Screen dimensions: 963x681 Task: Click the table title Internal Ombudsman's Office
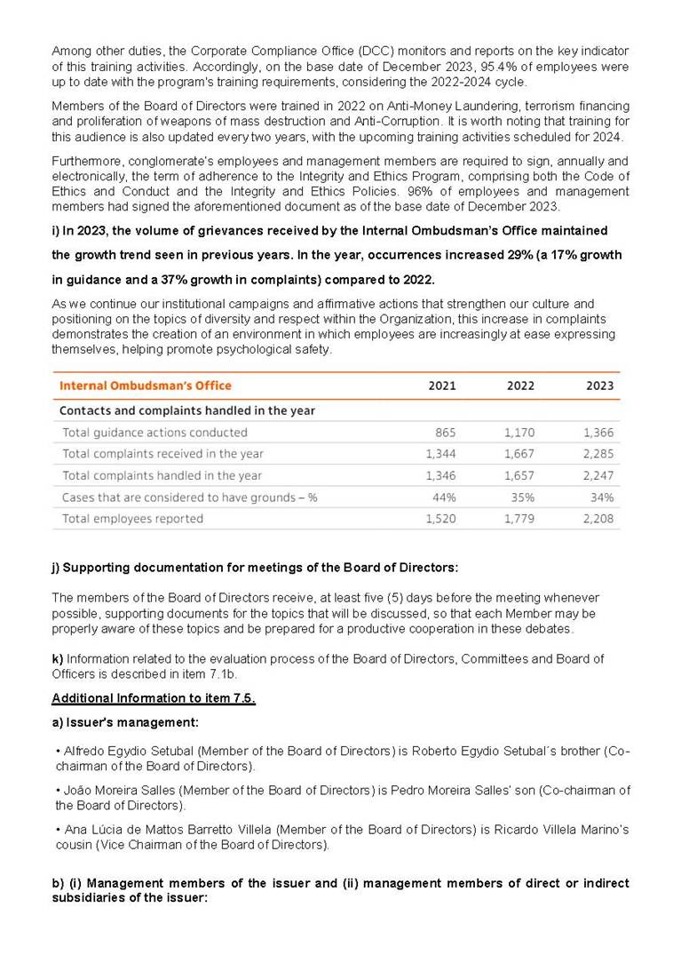click(x=145, y=386)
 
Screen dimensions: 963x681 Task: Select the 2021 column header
click(x=441, y=386)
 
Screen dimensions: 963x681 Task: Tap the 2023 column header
click(x=599, y=386)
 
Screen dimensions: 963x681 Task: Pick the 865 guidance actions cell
click(x=446, y=433)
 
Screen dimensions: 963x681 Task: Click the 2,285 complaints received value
click(x=598, y=454)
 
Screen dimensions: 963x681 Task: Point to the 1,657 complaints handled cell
click(x=519, y=475)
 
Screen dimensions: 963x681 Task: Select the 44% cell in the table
click(x=444, y=497)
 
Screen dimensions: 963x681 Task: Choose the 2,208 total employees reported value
click(x=598, y=519)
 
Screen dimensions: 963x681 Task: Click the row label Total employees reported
click(x=132, y=519)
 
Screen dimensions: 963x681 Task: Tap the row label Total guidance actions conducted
click(x=154, y=433)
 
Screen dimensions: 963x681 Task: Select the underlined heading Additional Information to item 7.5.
click(x=154, y=698)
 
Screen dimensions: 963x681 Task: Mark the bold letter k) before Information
click(x=58, y=658)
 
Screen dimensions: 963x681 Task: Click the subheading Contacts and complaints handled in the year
click(x=186, y=410)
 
